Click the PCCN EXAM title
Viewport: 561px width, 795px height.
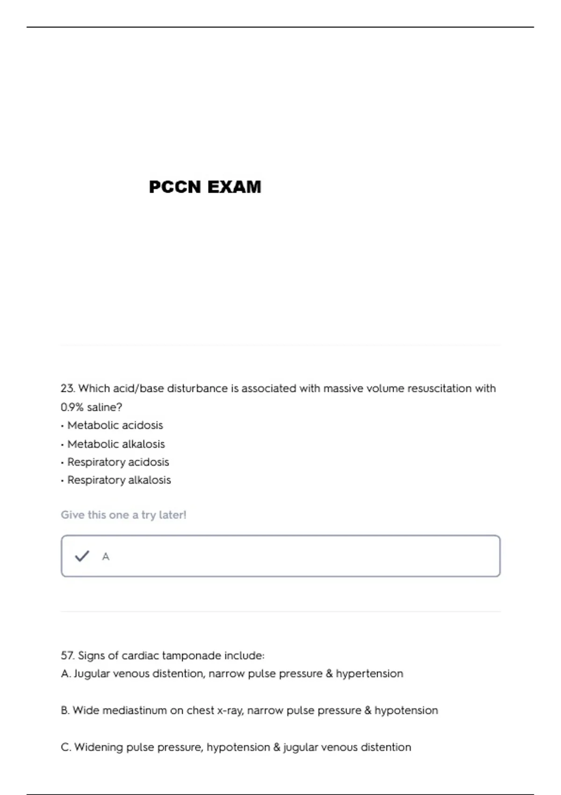205,187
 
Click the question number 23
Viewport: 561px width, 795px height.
67,389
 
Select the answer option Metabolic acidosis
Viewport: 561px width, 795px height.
115,426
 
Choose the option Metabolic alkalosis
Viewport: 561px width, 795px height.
116,444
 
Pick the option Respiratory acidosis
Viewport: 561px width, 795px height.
118,462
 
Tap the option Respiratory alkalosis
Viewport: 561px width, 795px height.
119,480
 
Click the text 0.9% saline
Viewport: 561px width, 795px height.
91,407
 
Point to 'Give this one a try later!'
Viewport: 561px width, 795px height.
123,515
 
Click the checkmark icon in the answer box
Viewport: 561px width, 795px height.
82,556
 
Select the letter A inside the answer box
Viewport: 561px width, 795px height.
106,556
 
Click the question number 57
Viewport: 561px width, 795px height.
67,656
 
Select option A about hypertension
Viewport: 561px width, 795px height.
232,674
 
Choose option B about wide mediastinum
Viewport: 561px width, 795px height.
249,711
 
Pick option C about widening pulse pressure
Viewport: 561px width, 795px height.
236,747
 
